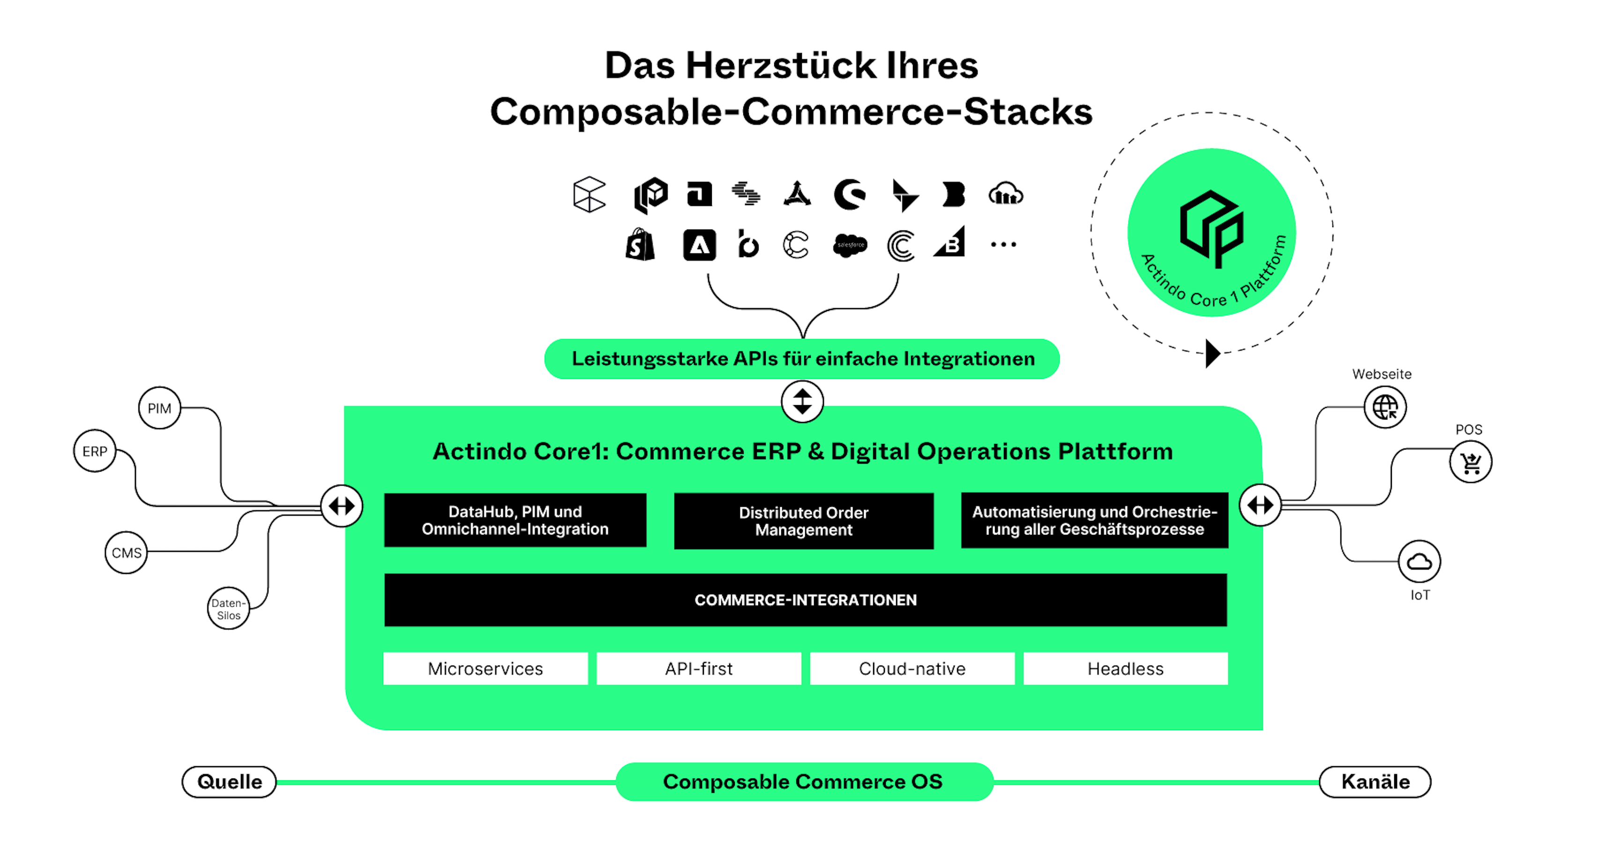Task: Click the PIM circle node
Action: pyautogui.click(x=159, y=408)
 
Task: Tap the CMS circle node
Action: pyautogui.click(x=126, y=552)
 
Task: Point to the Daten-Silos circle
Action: pyautogui.click(x=228, y=608)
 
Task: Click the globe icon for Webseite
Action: pyautogui.click(x=1385, y=407)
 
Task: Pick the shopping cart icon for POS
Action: pyautogui.click(x=1471, y=462)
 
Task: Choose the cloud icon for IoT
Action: pyautogui.click(x=1419, y=562)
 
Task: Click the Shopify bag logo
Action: pyautogui.click(x=640, y=245)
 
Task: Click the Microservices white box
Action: pyautogui.click(x=486, y=668)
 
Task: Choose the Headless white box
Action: pyautogui.click(x=1125, y=668)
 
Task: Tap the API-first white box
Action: pyautogui.click(x=699, y=668)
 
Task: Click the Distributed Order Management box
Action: pyautogui.click(x=804, y=521)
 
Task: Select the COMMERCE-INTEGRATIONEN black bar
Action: pyautogui.click(x=805, y=600)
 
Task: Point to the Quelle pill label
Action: pyautogui.click(x=229, y=782)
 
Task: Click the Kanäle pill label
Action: pyautogui.click(x=1375, y=782)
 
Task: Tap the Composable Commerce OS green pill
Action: pyautogui.click(x=804, y=782)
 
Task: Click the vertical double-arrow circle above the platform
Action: pyautogui.click(x=803, y=401)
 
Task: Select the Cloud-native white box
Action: pyautogui.click(x=912, y=668)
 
